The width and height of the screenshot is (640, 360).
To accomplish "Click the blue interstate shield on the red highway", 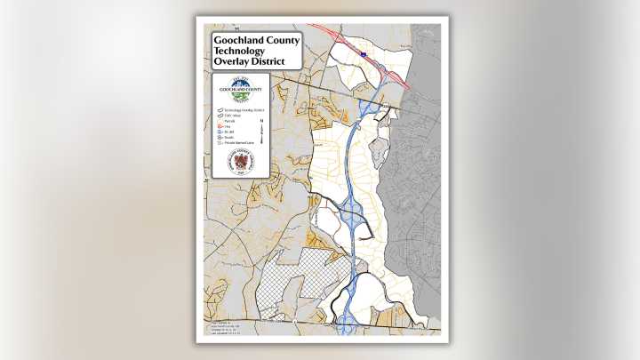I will coord(364,54).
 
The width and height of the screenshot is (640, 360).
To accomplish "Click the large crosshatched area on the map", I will coord(293,276).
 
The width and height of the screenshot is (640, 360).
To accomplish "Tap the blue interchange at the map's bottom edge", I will coord(349,320).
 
